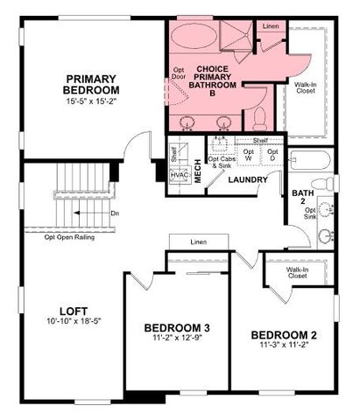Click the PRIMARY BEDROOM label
coord(91,85)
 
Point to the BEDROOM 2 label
coord(283,335)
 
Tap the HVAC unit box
coord(180,175)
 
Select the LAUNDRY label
coord(249,181)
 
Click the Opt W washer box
coord(249,154)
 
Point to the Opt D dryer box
coord(272,154)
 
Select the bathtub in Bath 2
coord(309,161)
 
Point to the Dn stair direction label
coord(115,213)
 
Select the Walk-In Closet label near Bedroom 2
coord(298,272)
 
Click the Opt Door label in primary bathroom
coord(180,73)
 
